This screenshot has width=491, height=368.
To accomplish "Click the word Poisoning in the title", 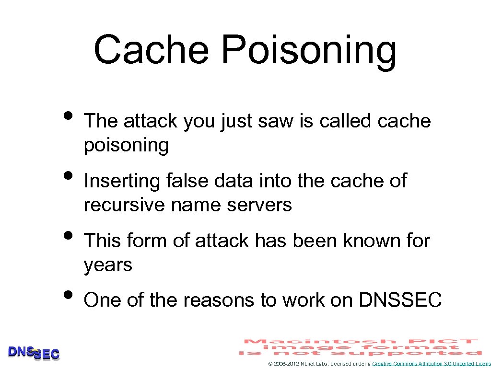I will coord(309,50).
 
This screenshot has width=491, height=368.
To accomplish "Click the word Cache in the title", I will coord(152,49).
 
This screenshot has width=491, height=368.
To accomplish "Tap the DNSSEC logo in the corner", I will coord(34,353).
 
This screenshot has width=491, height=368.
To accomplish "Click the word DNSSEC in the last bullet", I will coord(400,300).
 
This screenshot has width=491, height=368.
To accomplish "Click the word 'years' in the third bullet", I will coord(108,265).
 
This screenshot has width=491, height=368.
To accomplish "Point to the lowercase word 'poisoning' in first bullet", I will coord(126,145).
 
